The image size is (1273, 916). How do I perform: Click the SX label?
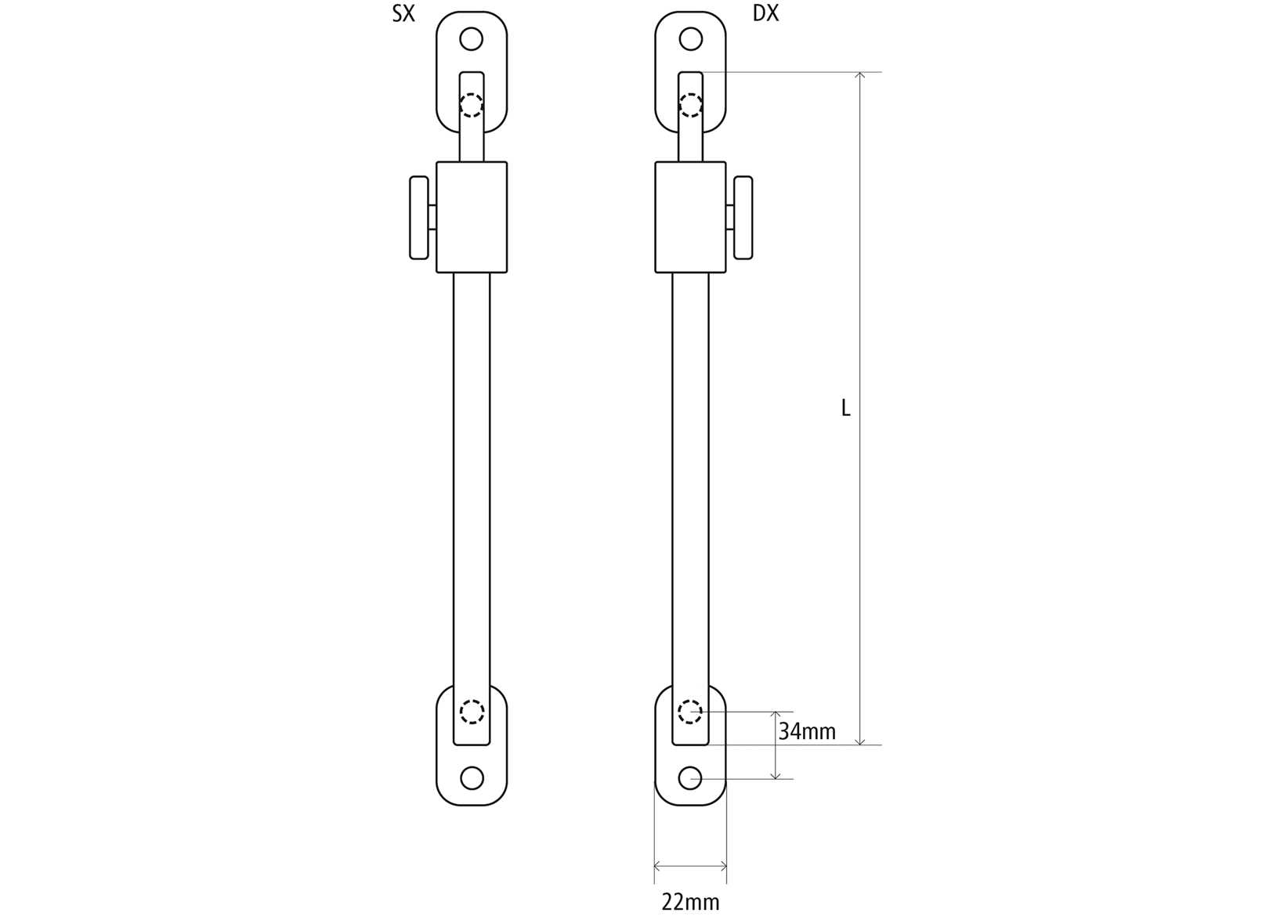[403, 14]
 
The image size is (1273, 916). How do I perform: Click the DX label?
[765, 14]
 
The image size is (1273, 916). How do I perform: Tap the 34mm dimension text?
[807, 732]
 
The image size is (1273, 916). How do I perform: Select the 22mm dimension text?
[690, 902]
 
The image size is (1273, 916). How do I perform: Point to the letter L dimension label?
[845, 408]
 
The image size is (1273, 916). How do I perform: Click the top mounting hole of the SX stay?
[471, 38]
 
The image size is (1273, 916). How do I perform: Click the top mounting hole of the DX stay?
[690, 38]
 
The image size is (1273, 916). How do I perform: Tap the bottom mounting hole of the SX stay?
[472, 778]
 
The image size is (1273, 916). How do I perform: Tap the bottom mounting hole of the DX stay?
[690, 778]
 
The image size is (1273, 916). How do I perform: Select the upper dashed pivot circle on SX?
[471, 105]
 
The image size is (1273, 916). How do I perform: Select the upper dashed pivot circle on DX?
[690, 105]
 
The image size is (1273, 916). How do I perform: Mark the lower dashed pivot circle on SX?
[472, 712]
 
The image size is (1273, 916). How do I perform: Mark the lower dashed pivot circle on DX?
[690, 712]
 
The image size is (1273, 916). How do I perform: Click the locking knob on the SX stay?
[419, 218]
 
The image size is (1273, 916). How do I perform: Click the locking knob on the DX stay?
[743, 218]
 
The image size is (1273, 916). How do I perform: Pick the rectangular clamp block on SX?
[472, 218]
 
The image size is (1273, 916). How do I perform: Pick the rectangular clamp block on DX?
[690, 218]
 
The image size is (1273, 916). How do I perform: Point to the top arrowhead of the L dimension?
[860, 76]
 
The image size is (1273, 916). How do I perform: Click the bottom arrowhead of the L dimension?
[860, 741]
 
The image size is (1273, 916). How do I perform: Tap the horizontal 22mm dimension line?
[690, 866]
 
